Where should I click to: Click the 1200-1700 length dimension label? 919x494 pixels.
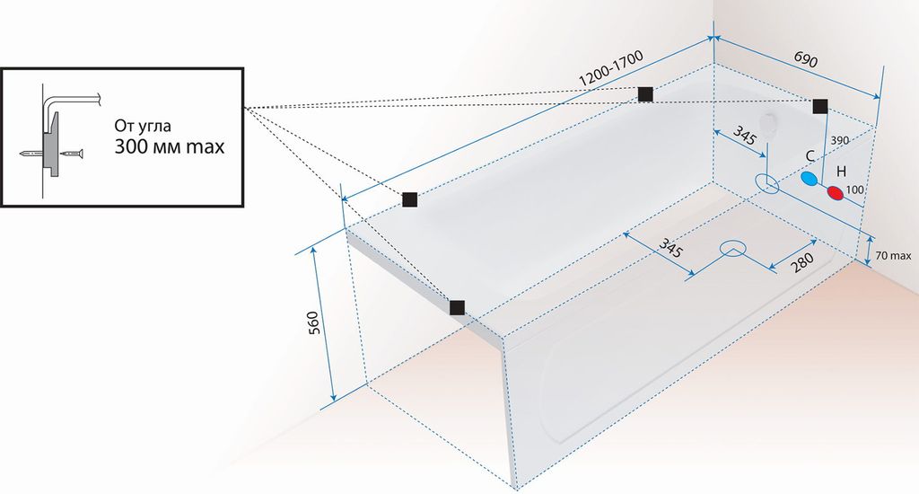(x=610, y=67)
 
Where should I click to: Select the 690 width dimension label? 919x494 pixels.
(x=805, y=59)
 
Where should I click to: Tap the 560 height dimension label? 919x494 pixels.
(x=313, y=322)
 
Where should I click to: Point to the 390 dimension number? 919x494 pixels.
(x=839, y=140)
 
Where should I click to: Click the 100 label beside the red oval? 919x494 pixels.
(x=855, y=190)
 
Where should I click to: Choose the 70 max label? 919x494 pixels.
(x=893, y=255)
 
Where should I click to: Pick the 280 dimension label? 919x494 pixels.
(x=801, y=263)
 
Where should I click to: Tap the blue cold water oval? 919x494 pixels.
(x=810, y=179)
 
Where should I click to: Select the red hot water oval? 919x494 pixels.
(x=836, y=192)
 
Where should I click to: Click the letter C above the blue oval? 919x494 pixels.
(x=810, y=156)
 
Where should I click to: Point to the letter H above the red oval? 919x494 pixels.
(x=841, y=172)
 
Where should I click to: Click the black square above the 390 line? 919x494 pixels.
(x=820, y=106)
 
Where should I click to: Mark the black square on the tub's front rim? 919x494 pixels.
(x=457, y=307)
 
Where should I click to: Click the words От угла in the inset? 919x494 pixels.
(x=143, y=126)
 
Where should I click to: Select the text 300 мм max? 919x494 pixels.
(x=170, y=146)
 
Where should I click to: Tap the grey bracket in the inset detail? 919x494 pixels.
(x=52, y=145)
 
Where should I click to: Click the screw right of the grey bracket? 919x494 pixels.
(x=73, y=154)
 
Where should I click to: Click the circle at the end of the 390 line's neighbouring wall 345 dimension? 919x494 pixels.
(x=766, y=184)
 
